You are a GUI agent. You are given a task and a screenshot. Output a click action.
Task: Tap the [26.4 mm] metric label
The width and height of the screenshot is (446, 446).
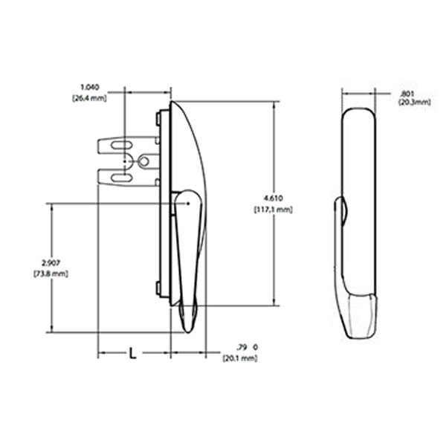tap(89, 97)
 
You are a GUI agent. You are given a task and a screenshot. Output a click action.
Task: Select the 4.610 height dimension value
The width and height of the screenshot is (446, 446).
tap(272, 198)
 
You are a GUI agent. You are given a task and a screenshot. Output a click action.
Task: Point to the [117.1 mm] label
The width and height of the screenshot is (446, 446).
tap(274, 210)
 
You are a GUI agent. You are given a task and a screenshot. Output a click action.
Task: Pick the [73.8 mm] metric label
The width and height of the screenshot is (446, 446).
tap(51, 274)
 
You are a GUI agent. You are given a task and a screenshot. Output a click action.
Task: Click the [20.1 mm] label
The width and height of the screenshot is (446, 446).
tap(239, 358)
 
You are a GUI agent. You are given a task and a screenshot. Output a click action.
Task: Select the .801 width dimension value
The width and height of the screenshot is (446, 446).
tap(407, 93)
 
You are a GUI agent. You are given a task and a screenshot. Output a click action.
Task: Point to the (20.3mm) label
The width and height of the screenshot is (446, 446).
tap(413, 102)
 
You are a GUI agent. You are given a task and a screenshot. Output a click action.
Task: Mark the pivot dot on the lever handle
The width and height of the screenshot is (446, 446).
tap(190, 201)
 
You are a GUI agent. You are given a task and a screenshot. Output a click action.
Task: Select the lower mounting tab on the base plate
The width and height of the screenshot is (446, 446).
tap(158, 288)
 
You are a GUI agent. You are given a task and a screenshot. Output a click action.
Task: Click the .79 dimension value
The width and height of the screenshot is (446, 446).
tap(240, 347)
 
